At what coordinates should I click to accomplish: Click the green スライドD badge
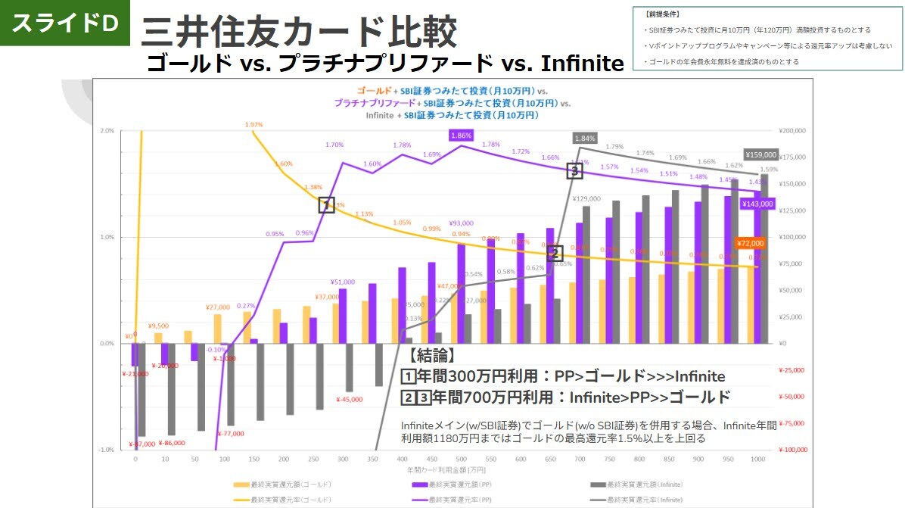tap(64, 23)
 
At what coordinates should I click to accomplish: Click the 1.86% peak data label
tap(461, 135)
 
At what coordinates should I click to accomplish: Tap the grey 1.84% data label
tap(585, 138)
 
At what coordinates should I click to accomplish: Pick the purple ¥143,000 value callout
tap(757, 204)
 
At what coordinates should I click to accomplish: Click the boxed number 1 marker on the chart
tap(326, 205)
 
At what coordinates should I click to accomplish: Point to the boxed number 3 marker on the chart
tap(575, 171)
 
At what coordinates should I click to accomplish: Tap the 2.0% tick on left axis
tap(107, 131)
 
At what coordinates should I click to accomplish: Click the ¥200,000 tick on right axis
tap(797, 131)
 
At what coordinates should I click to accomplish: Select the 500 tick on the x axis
tap(461, 460)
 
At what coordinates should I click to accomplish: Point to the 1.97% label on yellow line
tap(254, 124)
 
